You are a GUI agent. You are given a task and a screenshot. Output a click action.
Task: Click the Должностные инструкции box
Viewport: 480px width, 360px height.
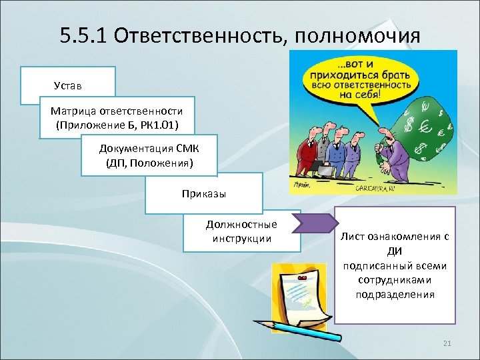tap(241, 231)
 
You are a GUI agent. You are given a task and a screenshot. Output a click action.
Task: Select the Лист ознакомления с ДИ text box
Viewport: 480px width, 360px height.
tap(395, 265)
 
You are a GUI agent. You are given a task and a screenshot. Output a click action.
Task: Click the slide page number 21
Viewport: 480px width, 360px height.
tap(447, 343)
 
